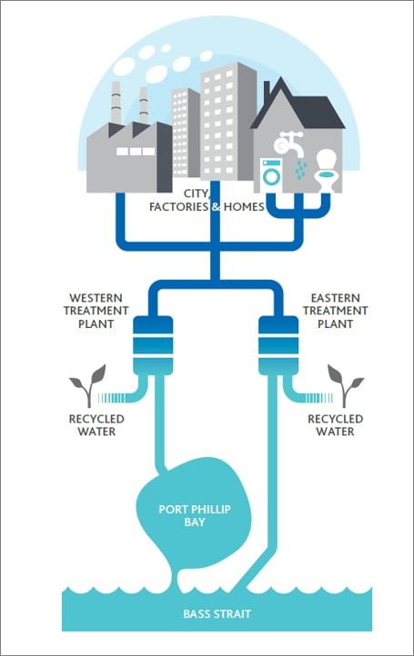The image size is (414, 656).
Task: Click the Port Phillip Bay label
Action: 195,515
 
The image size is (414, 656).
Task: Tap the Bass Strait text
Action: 217,613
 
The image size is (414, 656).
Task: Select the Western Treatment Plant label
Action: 96,311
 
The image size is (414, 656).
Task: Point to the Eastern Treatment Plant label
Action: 335,311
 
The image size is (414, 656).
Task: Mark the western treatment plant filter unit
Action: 153,345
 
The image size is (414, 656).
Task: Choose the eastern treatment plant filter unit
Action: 278,345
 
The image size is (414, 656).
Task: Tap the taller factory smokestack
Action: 116,103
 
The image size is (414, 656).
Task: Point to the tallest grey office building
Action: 228,122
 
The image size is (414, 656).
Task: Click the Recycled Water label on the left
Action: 96,425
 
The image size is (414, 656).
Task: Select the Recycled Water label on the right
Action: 335,425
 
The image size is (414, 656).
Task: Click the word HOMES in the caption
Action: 244,206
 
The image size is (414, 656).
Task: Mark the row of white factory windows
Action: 136,151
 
